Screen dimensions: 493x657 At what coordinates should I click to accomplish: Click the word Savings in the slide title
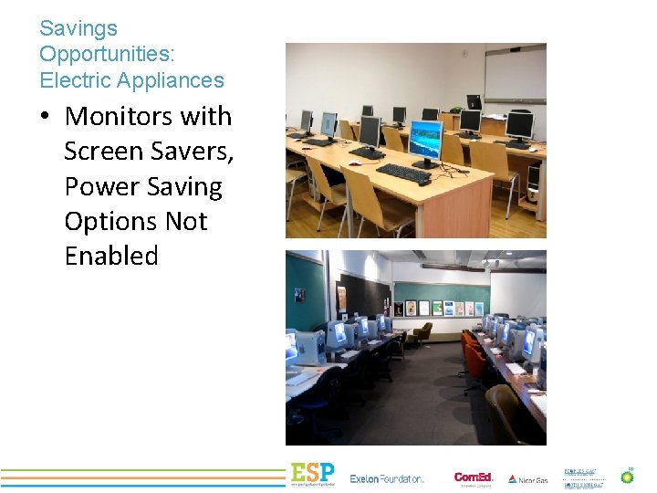(78, 29)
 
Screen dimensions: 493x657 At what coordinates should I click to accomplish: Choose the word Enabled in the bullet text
(111, 256)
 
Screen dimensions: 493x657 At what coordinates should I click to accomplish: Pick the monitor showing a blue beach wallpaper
(425, 141)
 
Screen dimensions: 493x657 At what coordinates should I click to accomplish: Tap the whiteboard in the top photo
(514, 73)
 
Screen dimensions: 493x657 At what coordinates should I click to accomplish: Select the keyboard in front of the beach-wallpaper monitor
(402, 172)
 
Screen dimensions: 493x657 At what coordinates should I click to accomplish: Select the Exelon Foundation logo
(387, 478)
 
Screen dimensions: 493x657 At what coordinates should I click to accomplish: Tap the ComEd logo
(474, 477)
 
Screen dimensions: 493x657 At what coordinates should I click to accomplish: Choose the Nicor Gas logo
(528, 478)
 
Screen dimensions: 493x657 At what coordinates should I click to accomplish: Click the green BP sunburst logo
(627, 475)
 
